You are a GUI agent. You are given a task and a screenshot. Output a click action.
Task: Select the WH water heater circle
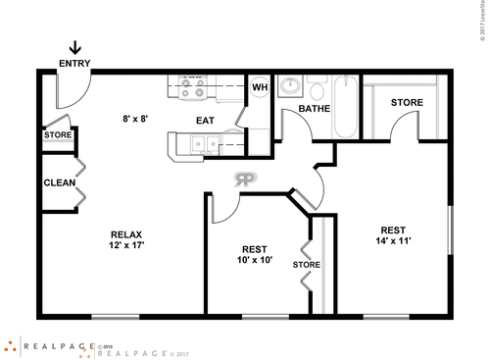[x=260, y=86]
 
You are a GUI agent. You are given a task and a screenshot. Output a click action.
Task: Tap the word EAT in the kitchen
[x=205, y=121]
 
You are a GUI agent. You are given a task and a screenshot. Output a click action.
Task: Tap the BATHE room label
[x=314, y=109]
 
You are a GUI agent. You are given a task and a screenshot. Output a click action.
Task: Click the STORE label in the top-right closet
[x=407, y=102]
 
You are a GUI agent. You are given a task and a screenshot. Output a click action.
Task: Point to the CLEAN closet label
[x=60, y=182]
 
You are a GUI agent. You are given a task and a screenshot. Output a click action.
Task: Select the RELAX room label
[x=126, y=234]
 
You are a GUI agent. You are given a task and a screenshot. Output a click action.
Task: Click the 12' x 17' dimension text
[x=126, y=247]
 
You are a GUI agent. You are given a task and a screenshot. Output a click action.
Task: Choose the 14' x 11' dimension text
[x=394, y=241]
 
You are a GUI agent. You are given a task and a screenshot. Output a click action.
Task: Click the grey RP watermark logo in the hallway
[x=245, y=179]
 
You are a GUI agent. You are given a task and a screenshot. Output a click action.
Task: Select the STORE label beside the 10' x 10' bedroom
[x=307, y=264]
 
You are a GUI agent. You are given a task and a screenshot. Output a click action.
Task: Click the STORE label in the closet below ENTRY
[x=58, y=134]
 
